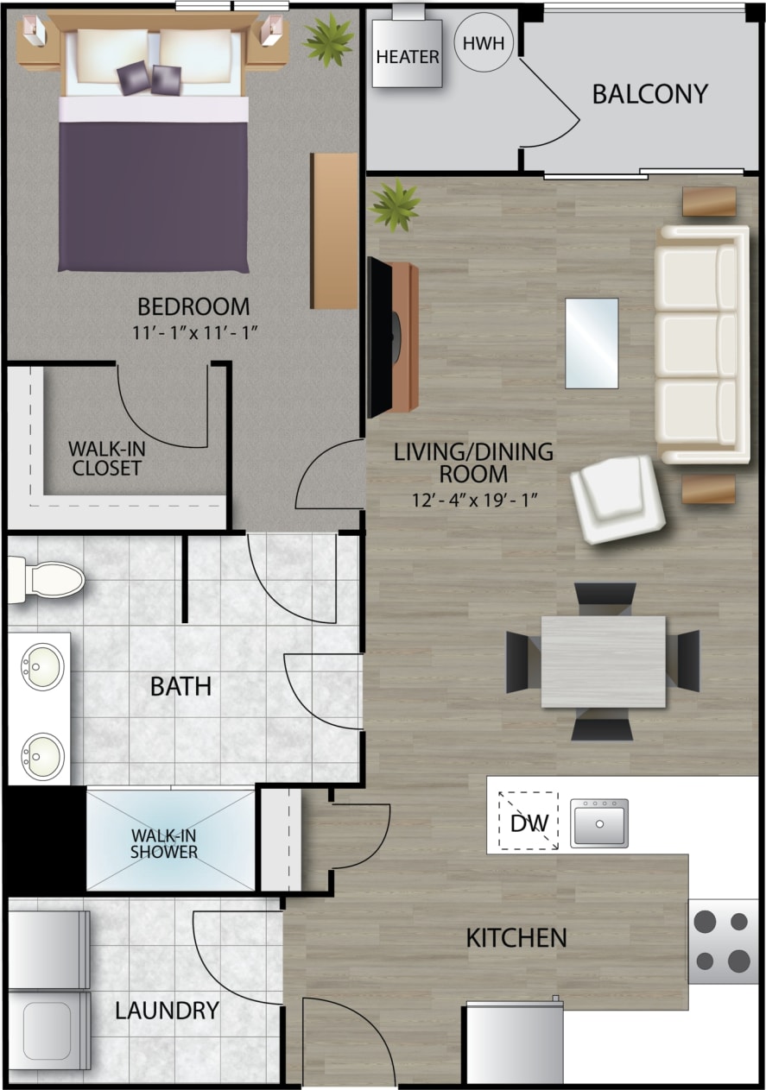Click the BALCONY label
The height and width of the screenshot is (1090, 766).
pyautogui.click(x=649, y=94)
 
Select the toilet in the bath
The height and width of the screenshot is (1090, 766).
pyautogui.click(x=47, y=579)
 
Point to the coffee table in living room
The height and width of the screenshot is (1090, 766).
pyautogui.click(x=592, y=343)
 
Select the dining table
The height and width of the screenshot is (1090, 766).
pyautogui.click(x=603, y=661)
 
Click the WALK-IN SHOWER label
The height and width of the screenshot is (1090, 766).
pyautogui.click(x=164, y=843)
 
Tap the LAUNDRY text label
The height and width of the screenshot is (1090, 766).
pyautogui.click(x=167, y=1011)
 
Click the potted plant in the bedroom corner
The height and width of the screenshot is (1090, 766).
pyautogui.click(x=328, y=38)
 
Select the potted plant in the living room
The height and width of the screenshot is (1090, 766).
pyautogui.click(x=395, y=205)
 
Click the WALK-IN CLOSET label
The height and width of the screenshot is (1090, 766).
pyautogui.click(x=105, y=458)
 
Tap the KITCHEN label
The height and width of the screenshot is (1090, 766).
pyautogui.click(x=516, y=937)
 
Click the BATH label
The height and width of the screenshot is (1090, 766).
pyautogui.click(x=180, y=687)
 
